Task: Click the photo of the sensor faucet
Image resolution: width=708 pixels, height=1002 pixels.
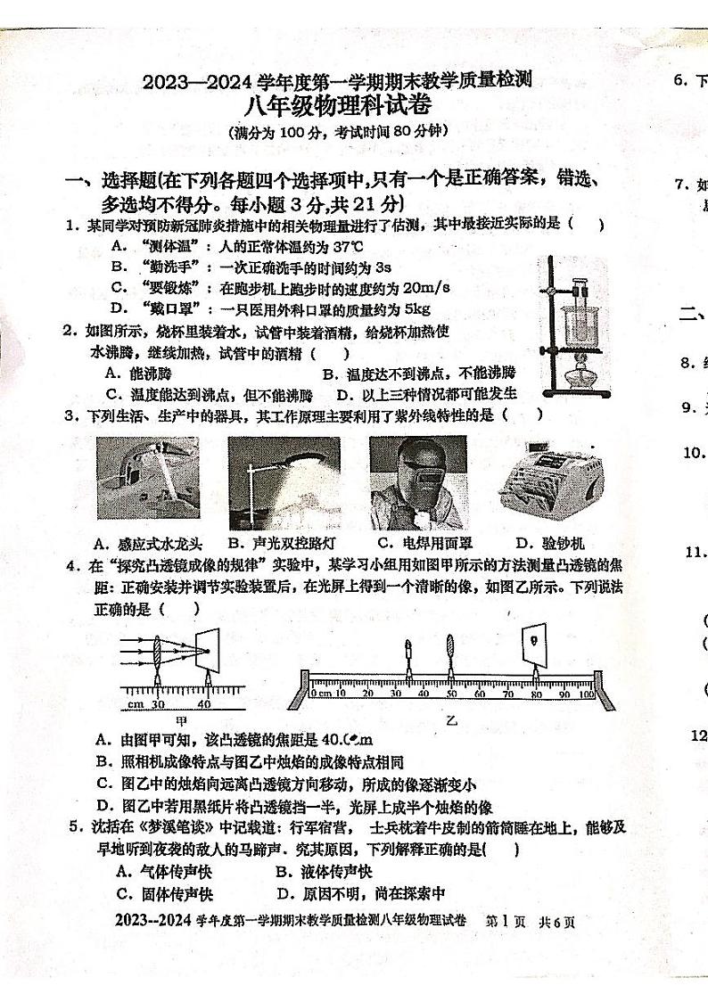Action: coord(148,478)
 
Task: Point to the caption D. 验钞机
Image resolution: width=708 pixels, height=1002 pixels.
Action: coord(549,543)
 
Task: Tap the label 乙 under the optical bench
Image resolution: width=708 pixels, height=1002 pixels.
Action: coord(451,721)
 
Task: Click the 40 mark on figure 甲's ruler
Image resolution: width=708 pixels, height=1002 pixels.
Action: coord(206,703)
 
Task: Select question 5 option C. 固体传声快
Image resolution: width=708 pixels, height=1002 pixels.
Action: coord(164,894)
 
